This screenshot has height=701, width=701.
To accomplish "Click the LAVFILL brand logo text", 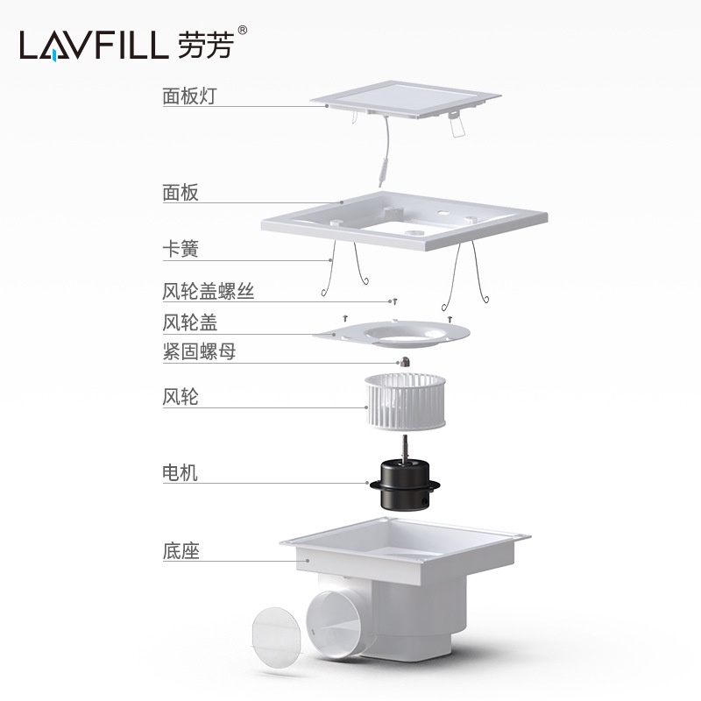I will click(x=93, y=45).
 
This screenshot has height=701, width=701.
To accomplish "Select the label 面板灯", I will click(x=188, y=96).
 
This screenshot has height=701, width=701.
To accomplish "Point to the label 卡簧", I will click(x=180, y=250).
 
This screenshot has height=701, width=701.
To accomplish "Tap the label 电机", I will click(x=180, y=473).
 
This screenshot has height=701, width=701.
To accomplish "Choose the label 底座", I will click(x=180, y=551).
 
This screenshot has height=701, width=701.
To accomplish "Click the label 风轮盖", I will click(x=189, y=322).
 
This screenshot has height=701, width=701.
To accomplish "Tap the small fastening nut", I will click(x=405, y=361).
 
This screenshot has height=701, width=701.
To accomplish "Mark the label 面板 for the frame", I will click(x=180, y=193).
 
